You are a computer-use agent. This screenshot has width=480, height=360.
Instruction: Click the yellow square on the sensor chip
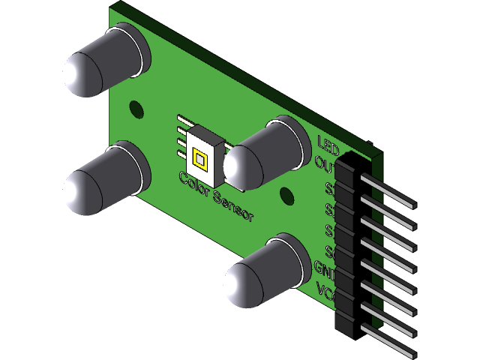[x=200, y=158]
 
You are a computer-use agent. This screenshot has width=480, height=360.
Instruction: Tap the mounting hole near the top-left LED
[x=136, y=107]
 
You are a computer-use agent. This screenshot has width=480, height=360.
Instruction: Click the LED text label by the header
[x=328, y=142]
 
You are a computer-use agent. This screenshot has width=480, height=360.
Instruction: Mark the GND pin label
[x=324, y=268]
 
